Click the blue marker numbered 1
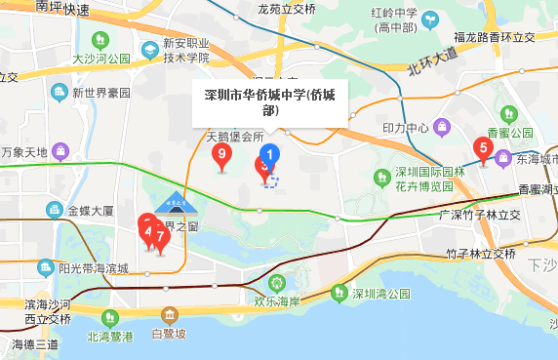(272, 154)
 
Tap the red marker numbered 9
(222, 154)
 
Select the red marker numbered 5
(481, 149)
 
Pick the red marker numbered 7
(161, 236)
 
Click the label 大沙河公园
(101, 59)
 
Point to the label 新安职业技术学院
(186, 51)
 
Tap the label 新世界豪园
(101, 93)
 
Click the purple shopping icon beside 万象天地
(60, 152)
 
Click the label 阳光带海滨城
(93, 268)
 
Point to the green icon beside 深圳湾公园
(339, 293)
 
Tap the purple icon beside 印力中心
(442, 127)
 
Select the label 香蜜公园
(510, 133)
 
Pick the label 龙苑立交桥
(286, 9)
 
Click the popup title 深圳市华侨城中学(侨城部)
(269, 102)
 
